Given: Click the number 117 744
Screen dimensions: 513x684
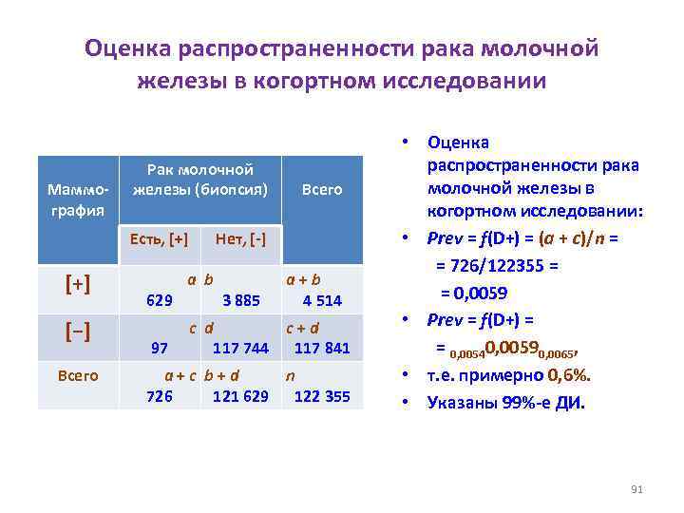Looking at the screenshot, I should coord(240,349).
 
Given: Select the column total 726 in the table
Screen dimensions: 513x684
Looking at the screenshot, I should coord(159,396).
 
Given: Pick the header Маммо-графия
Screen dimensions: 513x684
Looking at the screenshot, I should coord(77,199).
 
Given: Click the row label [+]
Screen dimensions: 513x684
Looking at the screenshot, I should coord(77,282).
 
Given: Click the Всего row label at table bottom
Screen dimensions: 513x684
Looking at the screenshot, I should coord(77,375).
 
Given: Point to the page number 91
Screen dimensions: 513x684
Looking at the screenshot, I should coord(637,489).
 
